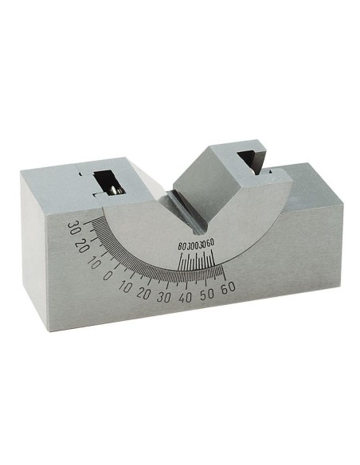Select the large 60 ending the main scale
click(230, 287)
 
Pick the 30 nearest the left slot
click(74, 229)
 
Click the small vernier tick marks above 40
click(195, 262)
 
